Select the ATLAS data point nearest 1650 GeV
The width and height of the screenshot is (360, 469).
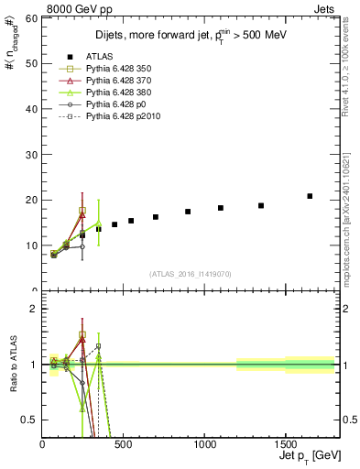(x=310, y=196)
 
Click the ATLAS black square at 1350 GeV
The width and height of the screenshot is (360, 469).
(x=261, y=205)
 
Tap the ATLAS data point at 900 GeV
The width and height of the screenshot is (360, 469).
(x=188, y=212)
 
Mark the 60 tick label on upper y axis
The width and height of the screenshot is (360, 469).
(x=32, y=18)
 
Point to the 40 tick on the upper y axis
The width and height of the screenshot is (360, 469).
(x=32, y=109)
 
